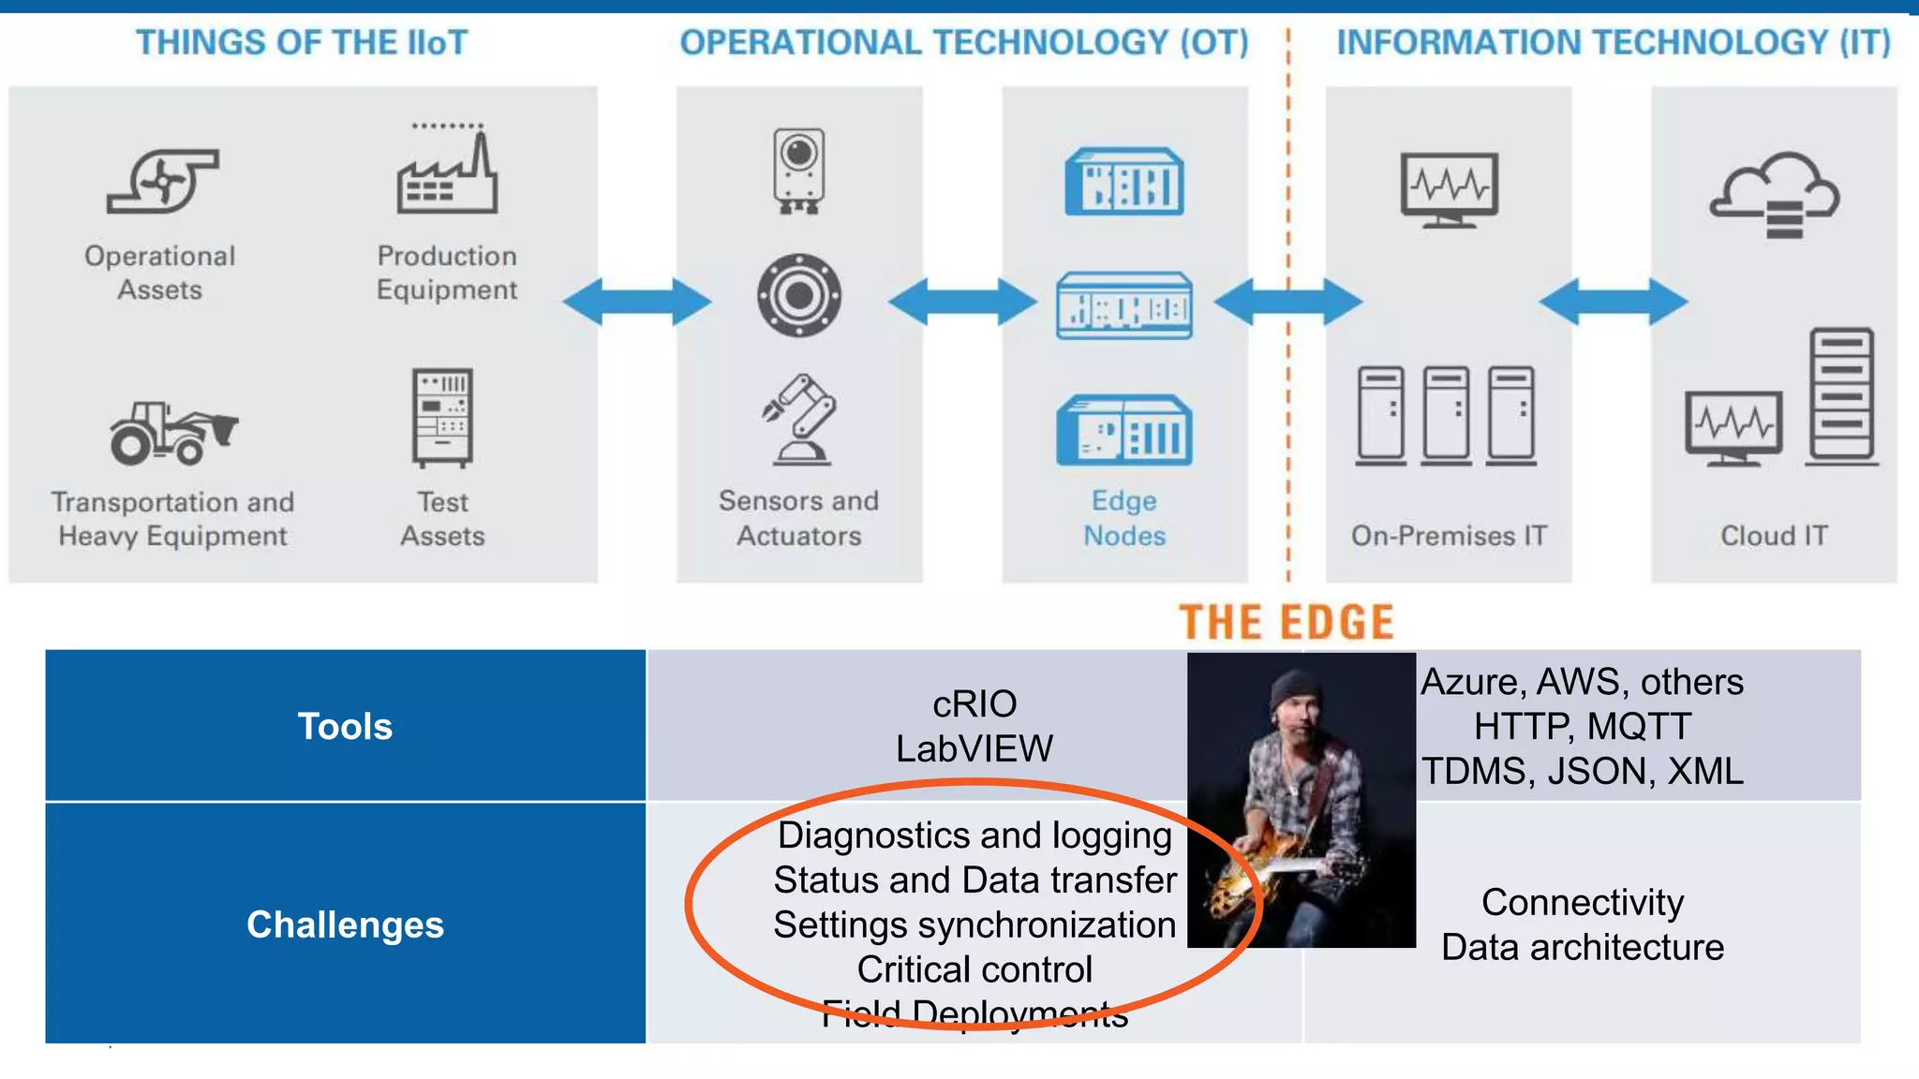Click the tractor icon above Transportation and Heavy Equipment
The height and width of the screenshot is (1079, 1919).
pos(172,434)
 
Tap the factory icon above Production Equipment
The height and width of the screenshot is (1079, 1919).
pos(447,173)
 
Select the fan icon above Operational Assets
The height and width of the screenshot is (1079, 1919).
pos(163,180)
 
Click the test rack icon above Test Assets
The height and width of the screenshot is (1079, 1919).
pos(442,417)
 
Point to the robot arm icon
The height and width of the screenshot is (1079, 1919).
pos(799,419)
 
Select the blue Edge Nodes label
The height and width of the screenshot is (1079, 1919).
pos(1124,518)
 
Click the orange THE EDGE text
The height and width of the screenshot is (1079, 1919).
pos(1287,623)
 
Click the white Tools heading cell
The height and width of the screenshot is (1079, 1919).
pos(345,726)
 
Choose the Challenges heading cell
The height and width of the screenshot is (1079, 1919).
pos(345,924)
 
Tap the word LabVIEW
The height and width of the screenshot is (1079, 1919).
pos(974,748)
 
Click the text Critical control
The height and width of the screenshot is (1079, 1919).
pos(974,969)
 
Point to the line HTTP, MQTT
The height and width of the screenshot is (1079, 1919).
pos(1582,726)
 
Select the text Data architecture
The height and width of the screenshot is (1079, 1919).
pos(1582,947)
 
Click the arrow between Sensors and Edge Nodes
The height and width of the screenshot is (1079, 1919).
pos(962,302)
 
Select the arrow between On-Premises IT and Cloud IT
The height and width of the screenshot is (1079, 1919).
pos(1613,302)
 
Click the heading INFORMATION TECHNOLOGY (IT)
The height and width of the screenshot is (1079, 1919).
pos(1613,42)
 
